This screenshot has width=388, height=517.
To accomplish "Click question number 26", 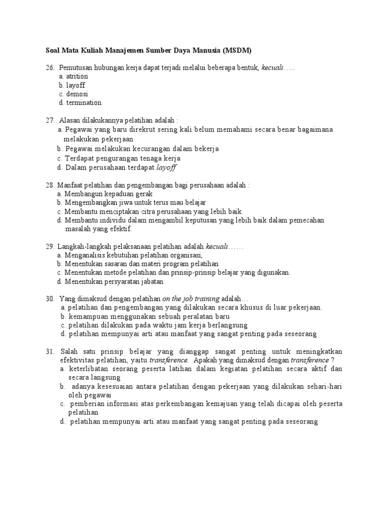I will click(x=50, y=68).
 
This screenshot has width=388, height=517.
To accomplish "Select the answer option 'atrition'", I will click(x=77, y=76).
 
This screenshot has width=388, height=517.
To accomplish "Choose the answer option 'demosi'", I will click(x=77, y=94).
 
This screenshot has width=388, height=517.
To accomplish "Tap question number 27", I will click(x=50, y=121).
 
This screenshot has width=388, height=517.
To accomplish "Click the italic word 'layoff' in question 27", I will click(x=166, y=167).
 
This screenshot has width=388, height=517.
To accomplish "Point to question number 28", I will click(x=50, y=185).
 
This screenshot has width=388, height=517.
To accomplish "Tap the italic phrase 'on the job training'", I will click(x=191, y=299).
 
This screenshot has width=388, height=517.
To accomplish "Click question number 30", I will click(x=50, y=299).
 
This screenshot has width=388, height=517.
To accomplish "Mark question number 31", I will click(x=50, y=351).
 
